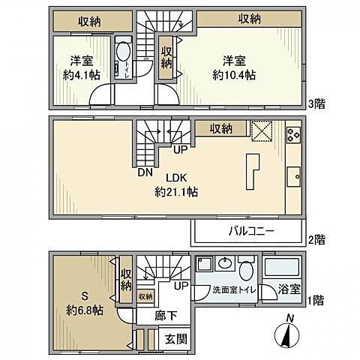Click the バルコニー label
coord(250,231)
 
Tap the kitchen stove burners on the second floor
coord(293,136)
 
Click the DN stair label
coord(145,172)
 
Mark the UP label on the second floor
coord(180,149)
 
